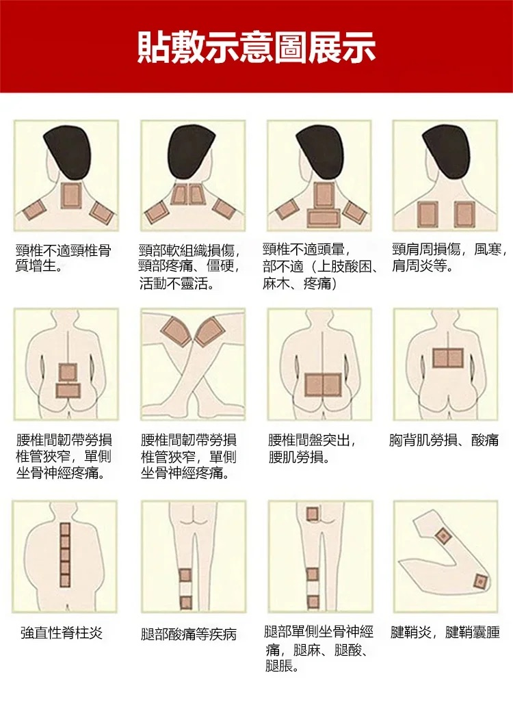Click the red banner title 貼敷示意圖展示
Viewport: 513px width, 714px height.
click(x=256, y=46)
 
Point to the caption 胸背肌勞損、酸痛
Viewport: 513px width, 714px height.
click(x=444, y=440)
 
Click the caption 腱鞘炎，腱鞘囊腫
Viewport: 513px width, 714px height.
click(x=445, y=632)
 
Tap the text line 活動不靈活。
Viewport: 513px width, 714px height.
click(x=176, y=282)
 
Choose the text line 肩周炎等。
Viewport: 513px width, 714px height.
click(x=422, y=265)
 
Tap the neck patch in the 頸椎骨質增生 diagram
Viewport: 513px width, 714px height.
click(x=70, y=196)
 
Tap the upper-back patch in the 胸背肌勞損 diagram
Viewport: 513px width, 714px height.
click(x=448, y=357)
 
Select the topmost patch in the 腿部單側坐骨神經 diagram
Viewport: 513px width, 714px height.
click(x=312, y=514)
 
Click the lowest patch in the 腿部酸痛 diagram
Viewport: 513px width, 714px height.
click(x=185, y=603)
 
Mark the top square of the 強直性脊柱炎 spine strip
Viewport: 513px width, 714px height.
click(x=65, y=529)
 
